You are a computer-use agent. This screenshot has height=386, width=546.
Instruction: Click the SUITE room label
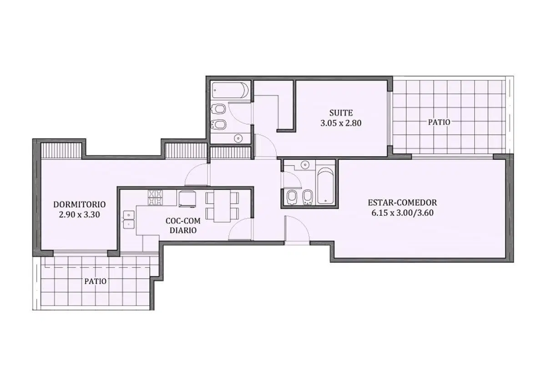[341, 113]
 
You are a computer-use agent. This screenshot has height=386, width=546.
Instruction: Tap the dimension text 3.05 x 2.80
[341, 123]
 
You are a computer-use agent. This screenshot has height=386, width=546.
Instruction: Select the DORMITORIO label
[80, 204]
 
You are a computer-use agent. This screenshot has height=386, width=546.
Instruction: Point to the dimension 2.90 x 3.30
[80, 214]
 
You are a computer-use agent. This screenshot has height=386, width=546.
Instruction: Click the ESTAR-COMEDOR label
[402, 203]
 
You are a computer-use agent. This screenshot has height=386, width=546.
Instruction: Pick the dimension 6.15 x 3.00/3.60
[402, 213]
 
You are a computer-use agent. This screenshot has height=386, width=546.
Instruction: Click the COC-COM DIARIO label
[183, 226]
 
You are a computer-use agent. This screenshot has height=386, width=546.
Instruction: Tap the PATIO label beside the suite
[439, 122]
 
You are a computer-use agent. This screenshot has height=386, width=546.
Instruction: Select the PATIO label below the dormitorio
[95, 281]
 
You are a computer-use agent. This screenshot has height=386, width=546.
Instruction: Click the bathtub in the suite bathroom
[230, 90]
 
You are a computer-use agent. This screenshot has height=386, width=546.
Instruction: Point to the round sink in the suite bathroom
[238, 138]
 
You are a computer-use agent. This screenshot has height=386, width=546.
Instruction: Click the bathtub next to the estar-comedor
[325, 186]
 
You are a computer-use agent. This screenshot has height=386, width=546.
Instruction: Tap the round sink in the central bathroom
[304, 165]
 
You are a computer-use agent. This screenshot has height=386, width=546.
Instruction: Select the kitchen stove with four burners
[155, 198]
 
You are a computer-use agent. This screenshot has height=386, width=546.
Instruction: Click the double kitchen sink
[129, 220]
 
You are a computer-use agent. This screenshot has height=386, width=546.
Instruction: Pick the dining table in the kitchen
[222, 206]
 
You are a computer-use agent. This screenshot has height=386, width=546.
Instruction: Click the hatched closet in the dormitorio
[61, 151]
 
